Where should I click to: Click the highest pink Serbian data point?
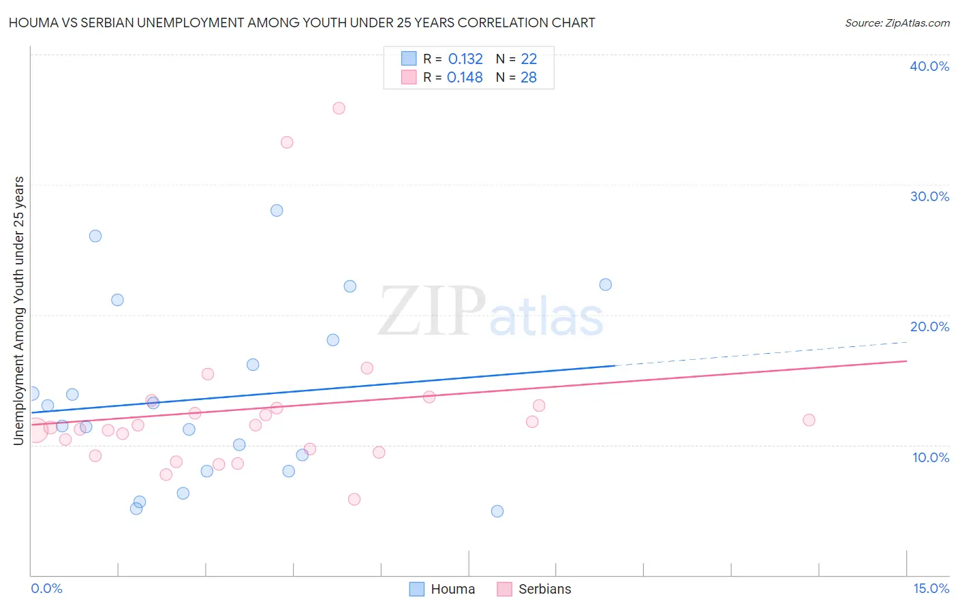point(339,108)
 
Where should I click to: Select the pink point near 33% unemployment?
point(287,142)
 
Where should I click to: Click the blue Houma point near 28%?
point(277,211)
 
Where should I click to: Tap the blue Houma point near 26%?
point(95,236)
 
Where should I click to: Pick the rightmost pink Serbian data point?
point(809,420)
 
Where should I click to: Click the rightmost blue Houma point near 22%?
point(605,285)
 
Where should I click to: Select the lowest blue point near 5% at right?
point(497,511)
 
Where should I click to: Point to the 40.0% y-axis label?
point(929,66)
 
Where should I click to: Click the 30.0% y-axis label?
point(929,196)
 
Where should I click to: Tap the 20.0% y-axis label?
point(929,326)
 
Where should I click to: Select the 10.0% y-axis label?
point(931,457)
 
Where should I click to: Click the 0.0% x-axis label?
point(46,588)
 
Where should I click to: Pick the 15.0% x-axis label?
point(931,588)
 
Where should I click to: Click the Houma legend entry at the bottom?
point(443,589)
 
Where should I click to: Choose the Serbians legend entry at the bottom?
point(535,589)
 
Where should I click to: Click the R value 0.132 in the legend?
point(465,59)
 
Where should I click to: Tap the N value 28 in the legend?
point(529,78)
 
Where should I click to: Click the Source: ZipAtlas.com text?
point(897,23)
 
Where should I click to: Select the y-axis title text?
point(19,311)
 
